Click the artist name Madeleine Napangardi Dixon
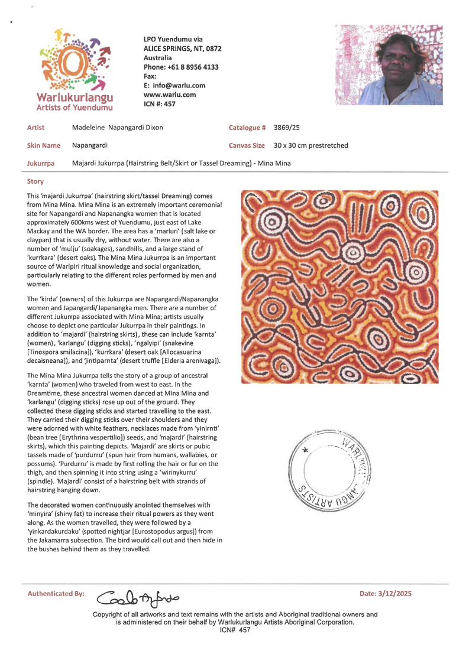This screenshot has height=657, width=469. pyautogui.click(x=118, y=128)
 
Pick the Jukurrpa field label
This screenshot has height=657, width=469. pyautogui.click(x=39, y=161)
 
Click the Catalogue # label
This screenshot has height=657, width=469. pyautogui.click(x=245, y=128)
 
